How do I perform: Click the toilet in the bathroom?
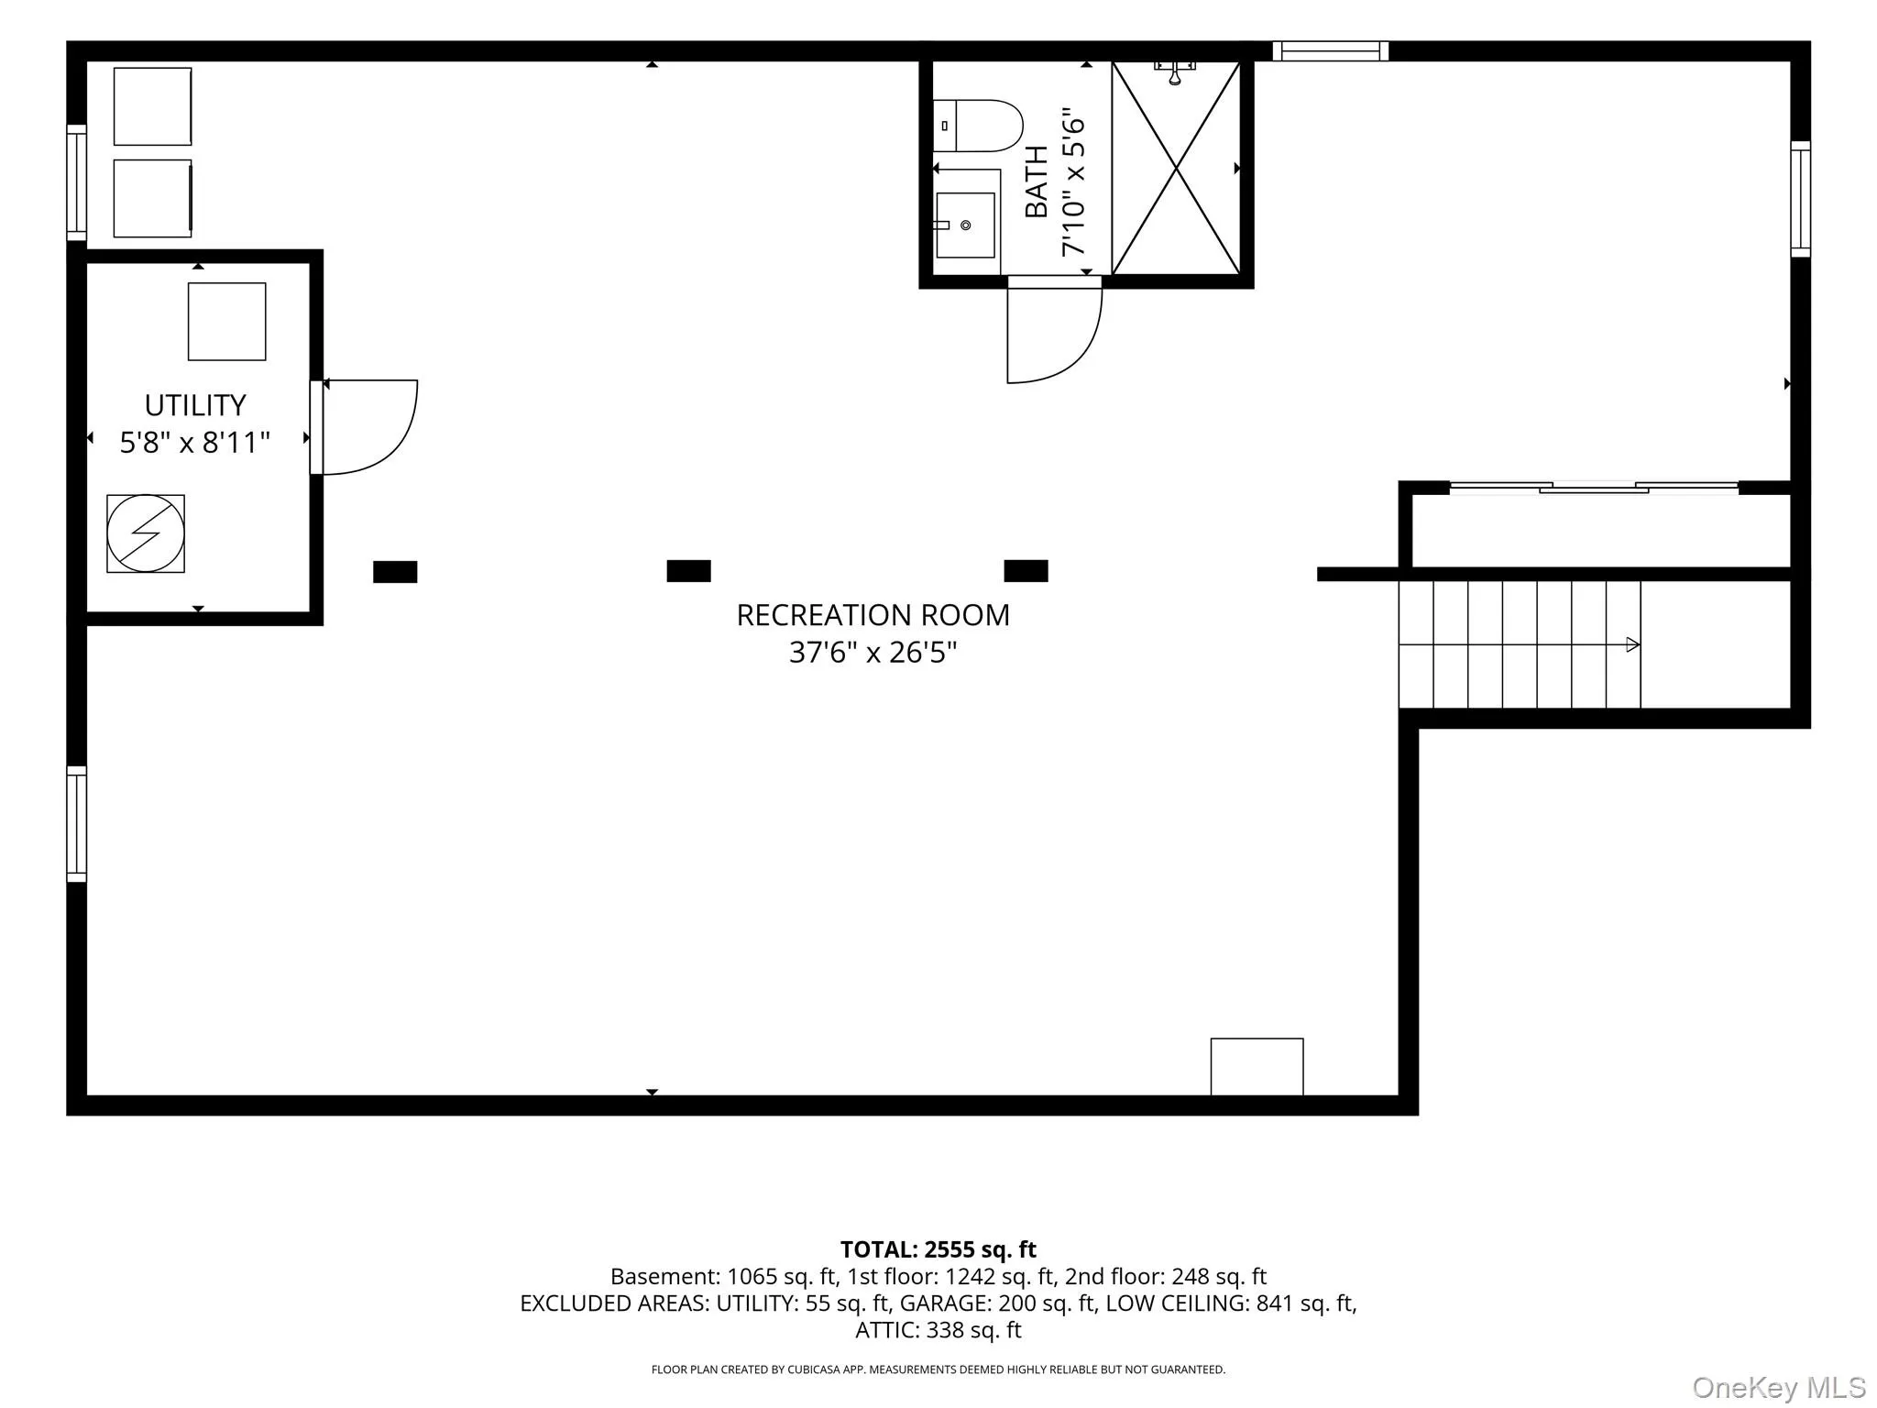[977, 126]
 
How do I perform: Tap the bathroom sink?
[964, 225]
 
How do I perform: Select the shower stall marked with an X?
[1176, 168]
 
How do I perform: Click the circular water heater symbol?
[146, 533]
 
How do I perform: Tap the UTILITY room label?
[195, 405]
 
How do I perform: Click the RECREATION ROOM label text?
[873, 615]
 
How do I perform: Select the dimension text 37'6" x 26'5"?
[873, 653]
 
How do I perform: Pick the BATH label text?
[1036, 181]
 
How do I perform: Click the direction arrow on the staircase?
[1632, 644]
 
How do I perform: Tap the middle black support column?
[688, 571]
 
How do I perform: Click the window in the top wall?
[1330, 51]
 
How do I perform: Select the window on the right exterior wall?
[1801, 199]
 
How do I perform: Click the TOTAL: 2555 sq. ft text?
[938, 1249]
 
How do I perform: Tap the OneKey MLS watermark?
[1779, 1387]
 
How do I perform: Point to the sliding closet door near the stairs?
[1594, 488]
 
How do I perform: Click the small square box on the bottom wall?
[1257, 1066]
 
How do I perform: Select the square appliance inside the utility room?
[227, 322]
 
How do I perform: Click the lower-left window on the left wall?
[77, 824]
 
